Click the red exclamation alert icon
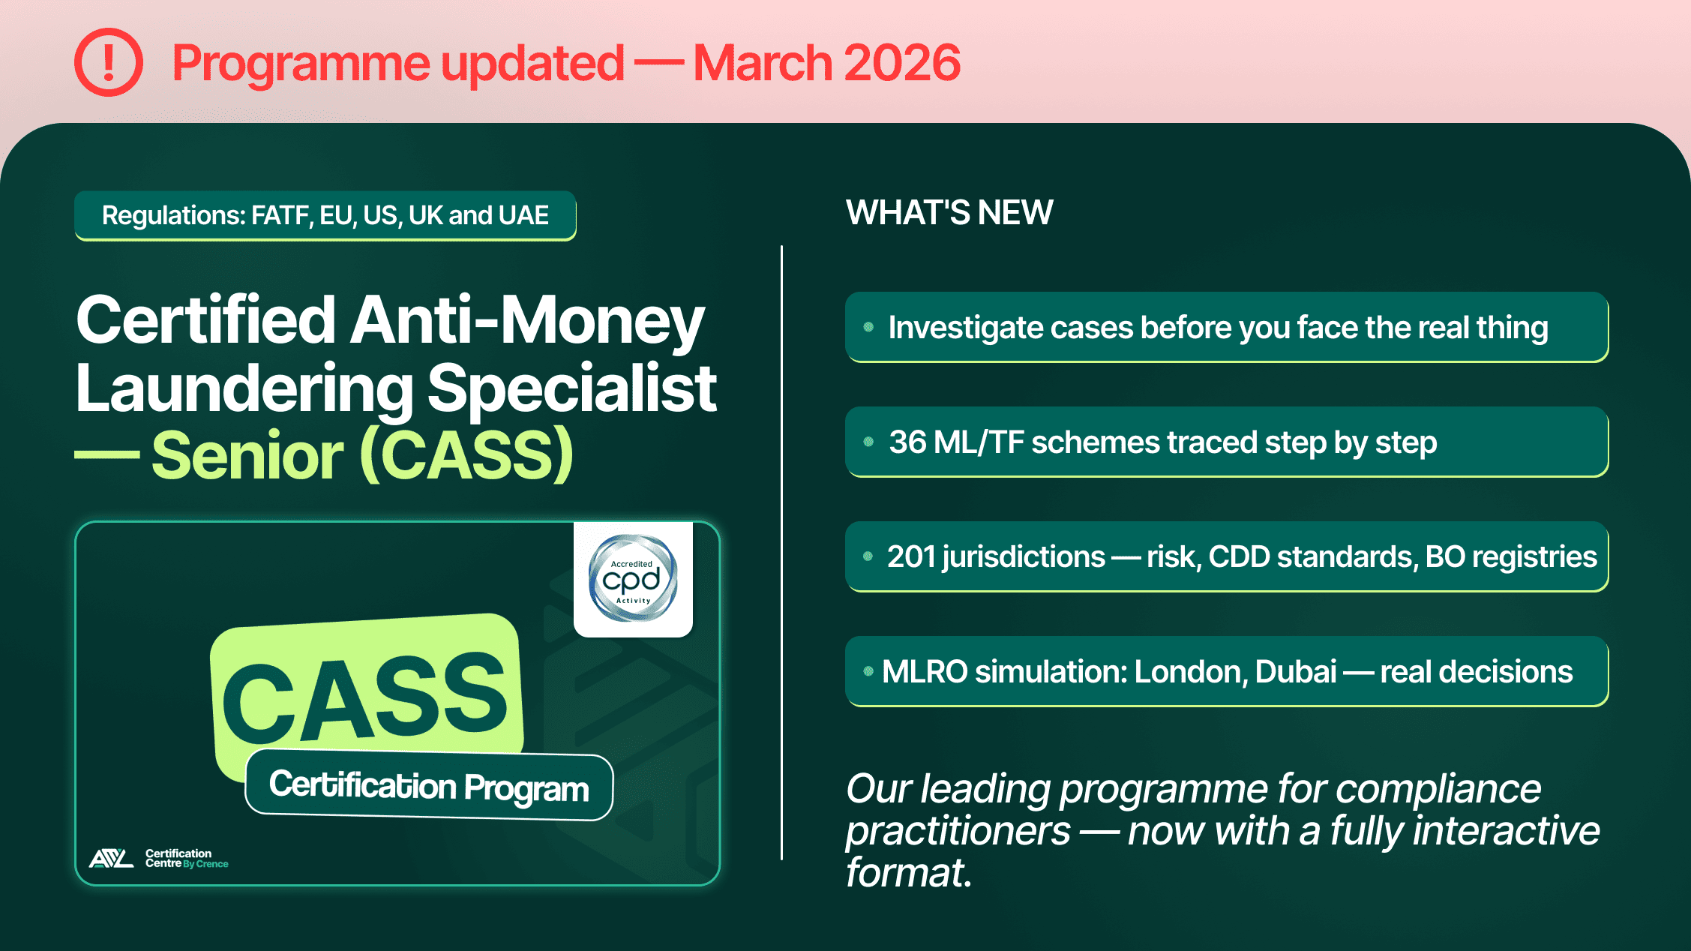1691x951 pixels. point(109,62)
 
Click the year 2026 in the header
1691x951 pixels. point(902,63)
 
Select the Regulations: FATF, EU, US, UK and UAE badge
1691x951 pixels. point(325,216)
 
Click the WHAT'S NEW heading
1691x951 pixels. point(949,213)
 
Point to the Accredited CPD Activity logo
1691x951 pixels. point(633,578)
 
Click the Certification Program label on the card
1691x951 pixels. point(429,786)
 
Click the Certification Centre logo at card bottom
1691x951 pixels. point(158,858)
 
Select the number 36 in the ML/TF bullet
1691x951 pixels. point(908,442)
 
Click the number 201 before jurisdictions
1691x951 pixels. point(910,557)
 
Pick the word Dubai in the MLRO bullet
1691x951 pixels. point(1296,672)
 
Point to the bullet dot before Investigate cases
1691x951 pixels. point(868,327)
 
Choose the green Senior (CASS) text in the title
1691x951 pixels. point(363,455)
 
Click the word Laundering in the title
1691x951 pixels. point(244,388)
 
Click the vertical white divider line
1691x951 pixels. point(781,552)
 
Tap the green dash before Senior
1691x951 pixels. point(106,455)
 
